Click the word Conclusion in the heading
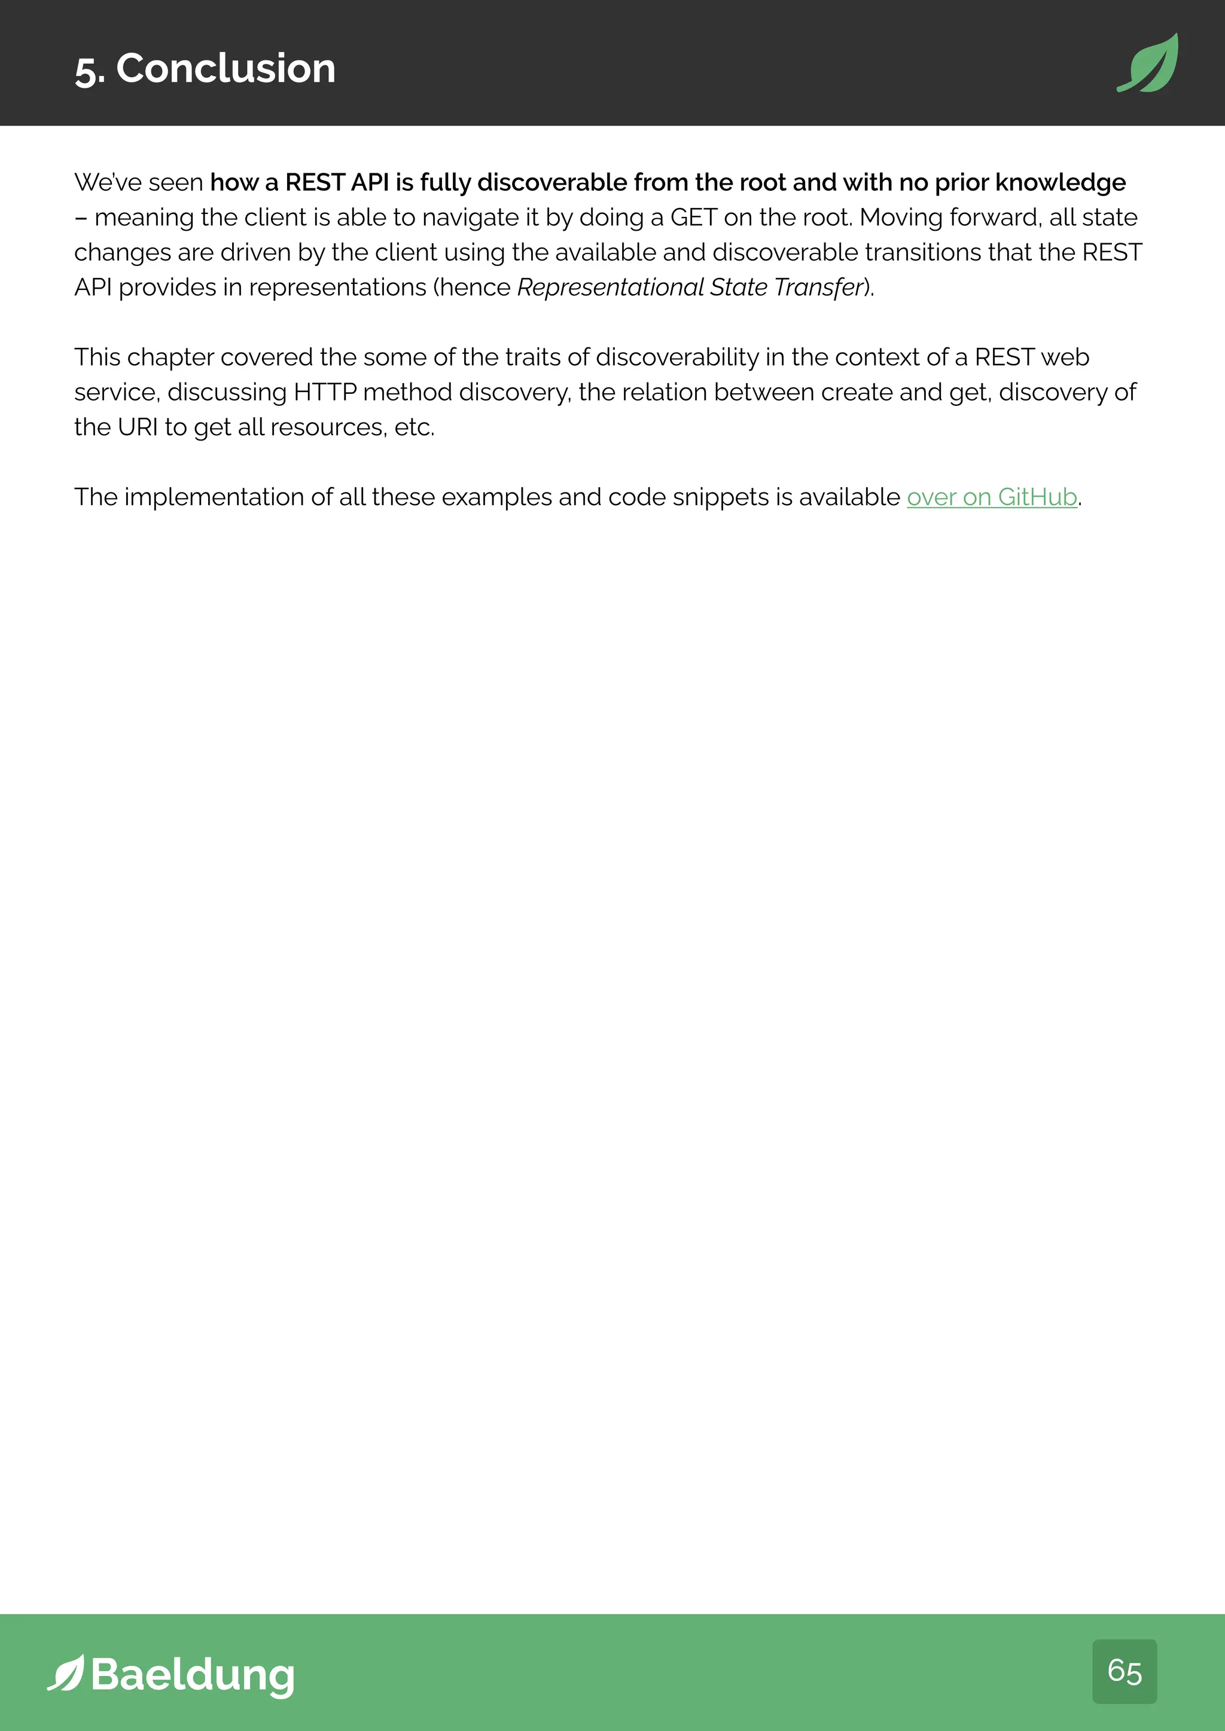click(226, 69)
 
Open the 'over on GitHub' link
click(991, 497)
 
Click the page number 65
click(1124, 1671)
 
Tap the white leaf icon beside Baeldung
click(66, 1673)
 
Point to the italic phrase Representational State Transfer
click(690, 288)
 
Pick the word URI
click(138, 427)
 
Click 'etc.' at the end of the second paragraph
click(414, 427)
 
